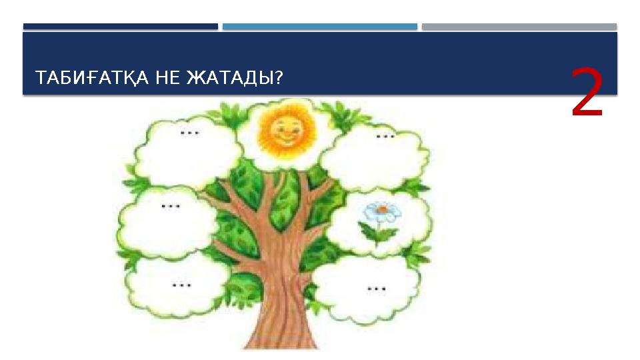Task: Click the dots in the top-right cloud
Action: pos(385,136)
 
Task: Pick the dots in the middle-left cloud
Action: pos(171,206)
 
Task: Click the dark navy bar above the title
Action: pos(120,27)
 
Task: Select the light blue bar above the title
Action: pos(320,27)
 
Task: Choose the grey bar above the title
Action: pos(519,27)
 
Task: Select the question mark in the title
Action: pos(279,79)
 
